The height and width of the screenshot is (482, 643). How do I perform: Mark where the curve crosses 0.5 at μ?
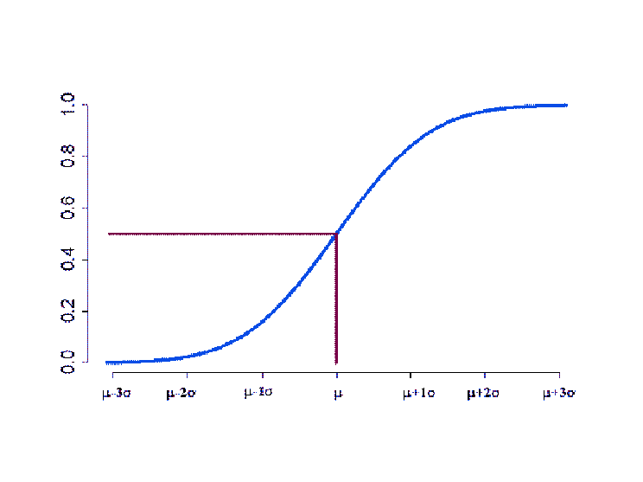click(x=336, y=233)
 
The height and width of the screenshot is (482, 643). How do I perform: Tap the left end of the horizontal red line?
click(x=108, y=234)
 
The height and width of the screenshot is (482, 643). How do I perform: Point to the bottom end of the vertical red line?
click(x=336, y=362)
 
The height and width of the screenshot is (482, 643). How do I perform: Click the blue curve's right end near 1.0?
click(x=566, y=105)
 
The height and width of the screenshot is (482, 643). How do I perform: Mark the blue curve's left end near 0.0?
click(x=107, y=362)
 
